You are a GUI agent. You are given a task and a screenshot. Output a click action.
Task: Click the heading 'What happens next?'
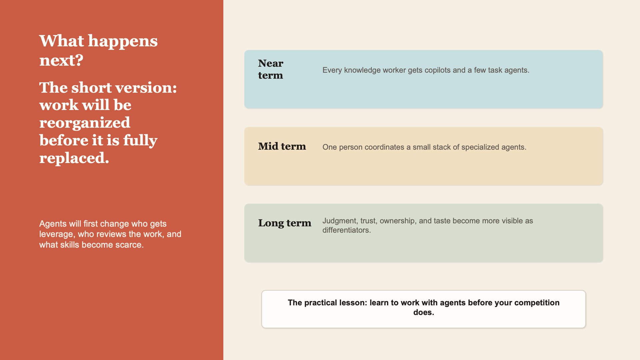98,50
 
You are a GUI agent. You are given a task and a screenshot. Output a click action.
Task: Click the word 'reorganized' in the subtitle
85,123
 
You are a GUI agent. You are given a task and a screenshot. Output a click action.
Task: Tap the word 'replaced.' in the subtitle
74,158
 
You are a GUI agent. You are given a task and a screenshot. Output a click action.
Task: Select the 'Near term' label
271,69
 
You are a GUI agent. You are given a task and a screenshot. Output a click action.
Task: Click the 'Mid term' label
282,146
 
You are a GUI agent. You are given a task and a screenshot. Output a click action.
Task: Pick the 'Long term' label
285,223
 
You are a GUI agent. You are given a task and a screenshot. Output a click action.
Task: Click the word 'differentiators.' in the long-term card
347,230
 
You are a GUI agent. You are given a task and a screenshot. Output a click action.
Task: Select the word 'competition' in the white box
537,303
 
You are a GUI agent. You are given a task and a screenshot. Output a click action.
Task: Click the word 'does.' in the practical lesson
424,313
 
